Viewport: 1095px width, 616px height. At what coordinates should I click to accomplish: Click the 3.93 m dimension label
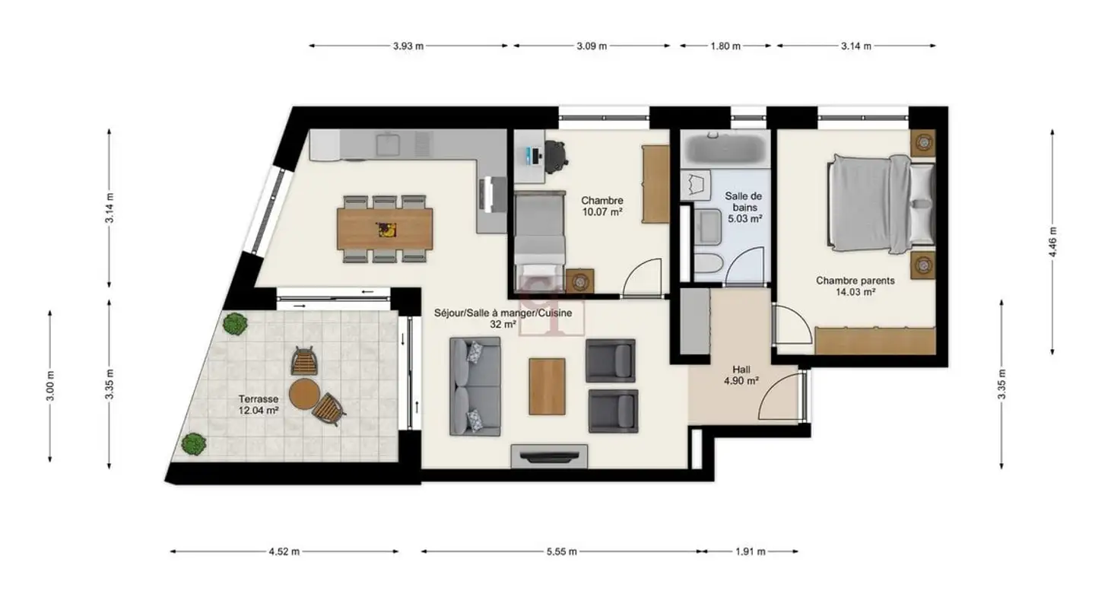[x=408, y=46]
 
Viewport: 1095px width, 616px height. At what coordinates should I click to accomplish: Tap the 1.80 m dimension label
[x=725, y=46]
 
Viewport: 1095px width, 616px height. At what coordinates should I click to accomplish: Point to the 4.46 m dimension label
[x=1053, y=242]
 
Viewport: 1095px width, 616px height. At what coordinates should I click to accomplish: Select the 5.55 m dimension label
[x=562, y=552]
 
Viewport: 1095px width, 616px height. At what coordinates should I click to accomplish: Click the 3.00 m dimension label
[x=50, y=386]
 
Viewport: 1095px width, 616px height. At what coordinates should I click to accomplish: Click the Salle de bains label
[x=744, y=208]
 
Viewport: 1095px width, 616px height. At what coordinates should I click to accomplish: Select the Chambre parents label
[x=855, y=286]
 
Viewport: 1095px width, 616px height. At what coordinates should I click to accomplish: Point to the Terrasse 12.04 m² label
[x=259, y=405]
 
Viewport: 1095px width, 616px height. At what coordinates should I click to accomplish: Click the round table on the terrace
[x=304, y=394]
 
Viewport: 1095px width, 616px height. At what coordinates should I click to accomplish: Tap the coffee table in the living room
[x=547, y=386]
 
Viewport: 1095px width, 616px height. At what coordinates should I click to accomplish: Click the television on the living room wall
[x=549, y=456]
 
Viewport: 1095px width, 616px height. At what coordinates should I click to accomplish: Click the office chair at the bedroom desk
[x=556, y=157]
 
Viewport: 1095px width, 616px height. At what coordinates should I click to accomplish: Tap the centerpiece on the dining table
[x=386, y=230]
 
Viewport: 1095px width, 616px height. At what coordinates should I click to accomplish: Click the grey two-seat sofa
[x=474, y=386]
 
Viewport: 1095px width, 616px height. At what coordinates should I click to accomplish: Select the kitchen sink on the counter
[x=388, y=144]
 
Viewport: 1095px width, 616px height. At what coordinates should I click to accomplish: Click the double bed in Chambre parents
[x=881, y=205]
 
